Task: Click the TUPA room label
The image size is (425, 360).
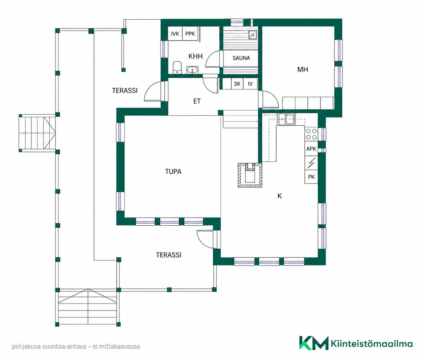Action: coord(173,171)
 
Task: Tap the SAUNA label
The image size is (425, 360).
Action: coord(241,58)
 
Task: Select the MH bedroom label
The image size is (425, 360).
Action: coord(302,70)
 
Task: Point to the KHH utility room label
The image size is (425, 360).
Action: coord(195,56)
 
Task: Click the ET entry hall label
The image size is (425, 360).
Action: coord(197,101)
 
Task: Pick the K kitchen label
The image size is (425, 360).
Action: coord(279,196)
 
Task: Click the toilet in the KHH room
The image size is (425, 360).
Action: coord(177,68)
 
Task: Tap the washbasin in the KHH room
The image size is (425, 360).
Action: coord(193,70)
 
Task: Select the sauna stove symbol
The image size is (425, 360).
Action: coord(253,35)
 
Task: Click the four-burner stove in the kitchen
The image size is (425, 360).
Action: coord(311,134)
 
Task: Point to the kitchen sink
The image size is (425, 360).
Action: coord(287,119)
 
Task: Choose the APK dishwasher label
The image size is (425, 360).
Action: coord(311,149)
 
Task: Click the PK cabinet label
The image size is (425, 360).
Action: coord(311,177)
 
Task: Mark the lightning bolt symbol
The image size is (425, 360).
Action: coord(311,163)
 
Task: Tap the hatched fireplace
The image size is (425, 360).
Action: coord(250,175)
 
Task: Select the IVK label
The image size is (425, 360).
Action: coord(175,34)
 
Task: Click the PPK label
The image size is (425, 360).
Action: coord(190,34)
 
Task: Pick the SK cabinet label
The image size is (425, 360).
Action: coord(237,84)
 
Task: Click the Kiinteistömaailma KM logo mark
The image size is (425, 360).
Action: coord(314,343)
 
